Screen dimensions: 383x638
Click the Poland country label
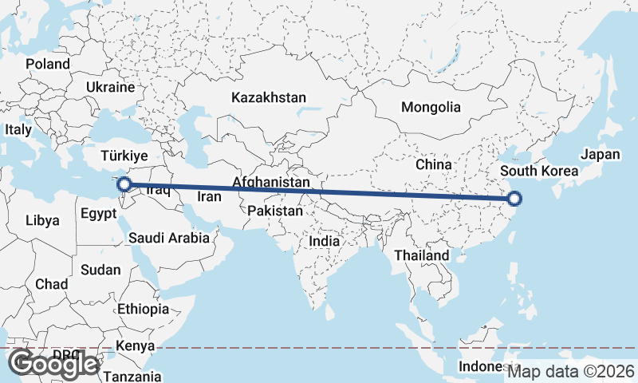(x=48, y=64)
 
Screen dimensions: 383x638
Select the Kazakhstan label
(x=269, y=97)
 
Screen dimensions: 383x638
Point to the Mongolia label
(x=431, y=107)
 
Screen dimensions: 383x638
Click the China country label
(x=434, y=164)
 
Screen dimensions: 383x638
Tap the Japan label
(x=600, y=155)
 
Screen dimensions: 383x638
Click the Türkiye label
(x=125, y=156)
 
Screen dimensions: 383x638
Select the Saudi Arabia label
(x=169, y=238)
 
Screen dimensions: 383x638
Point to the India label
(x=325, y=240)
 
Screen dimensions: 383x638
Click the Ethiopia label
(x=144, y=309)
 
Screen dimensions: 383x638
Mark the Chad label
(x=51, y=284)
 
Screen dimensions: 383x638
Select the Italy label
(x=18, y=129)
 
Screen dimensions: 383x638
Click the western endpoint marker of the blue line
(x=124, y=186)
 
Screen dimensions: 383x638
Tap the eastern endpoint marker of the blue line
(x=514, y=199)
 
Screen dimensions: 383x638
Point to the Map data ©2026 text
(x=571, y=371)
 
